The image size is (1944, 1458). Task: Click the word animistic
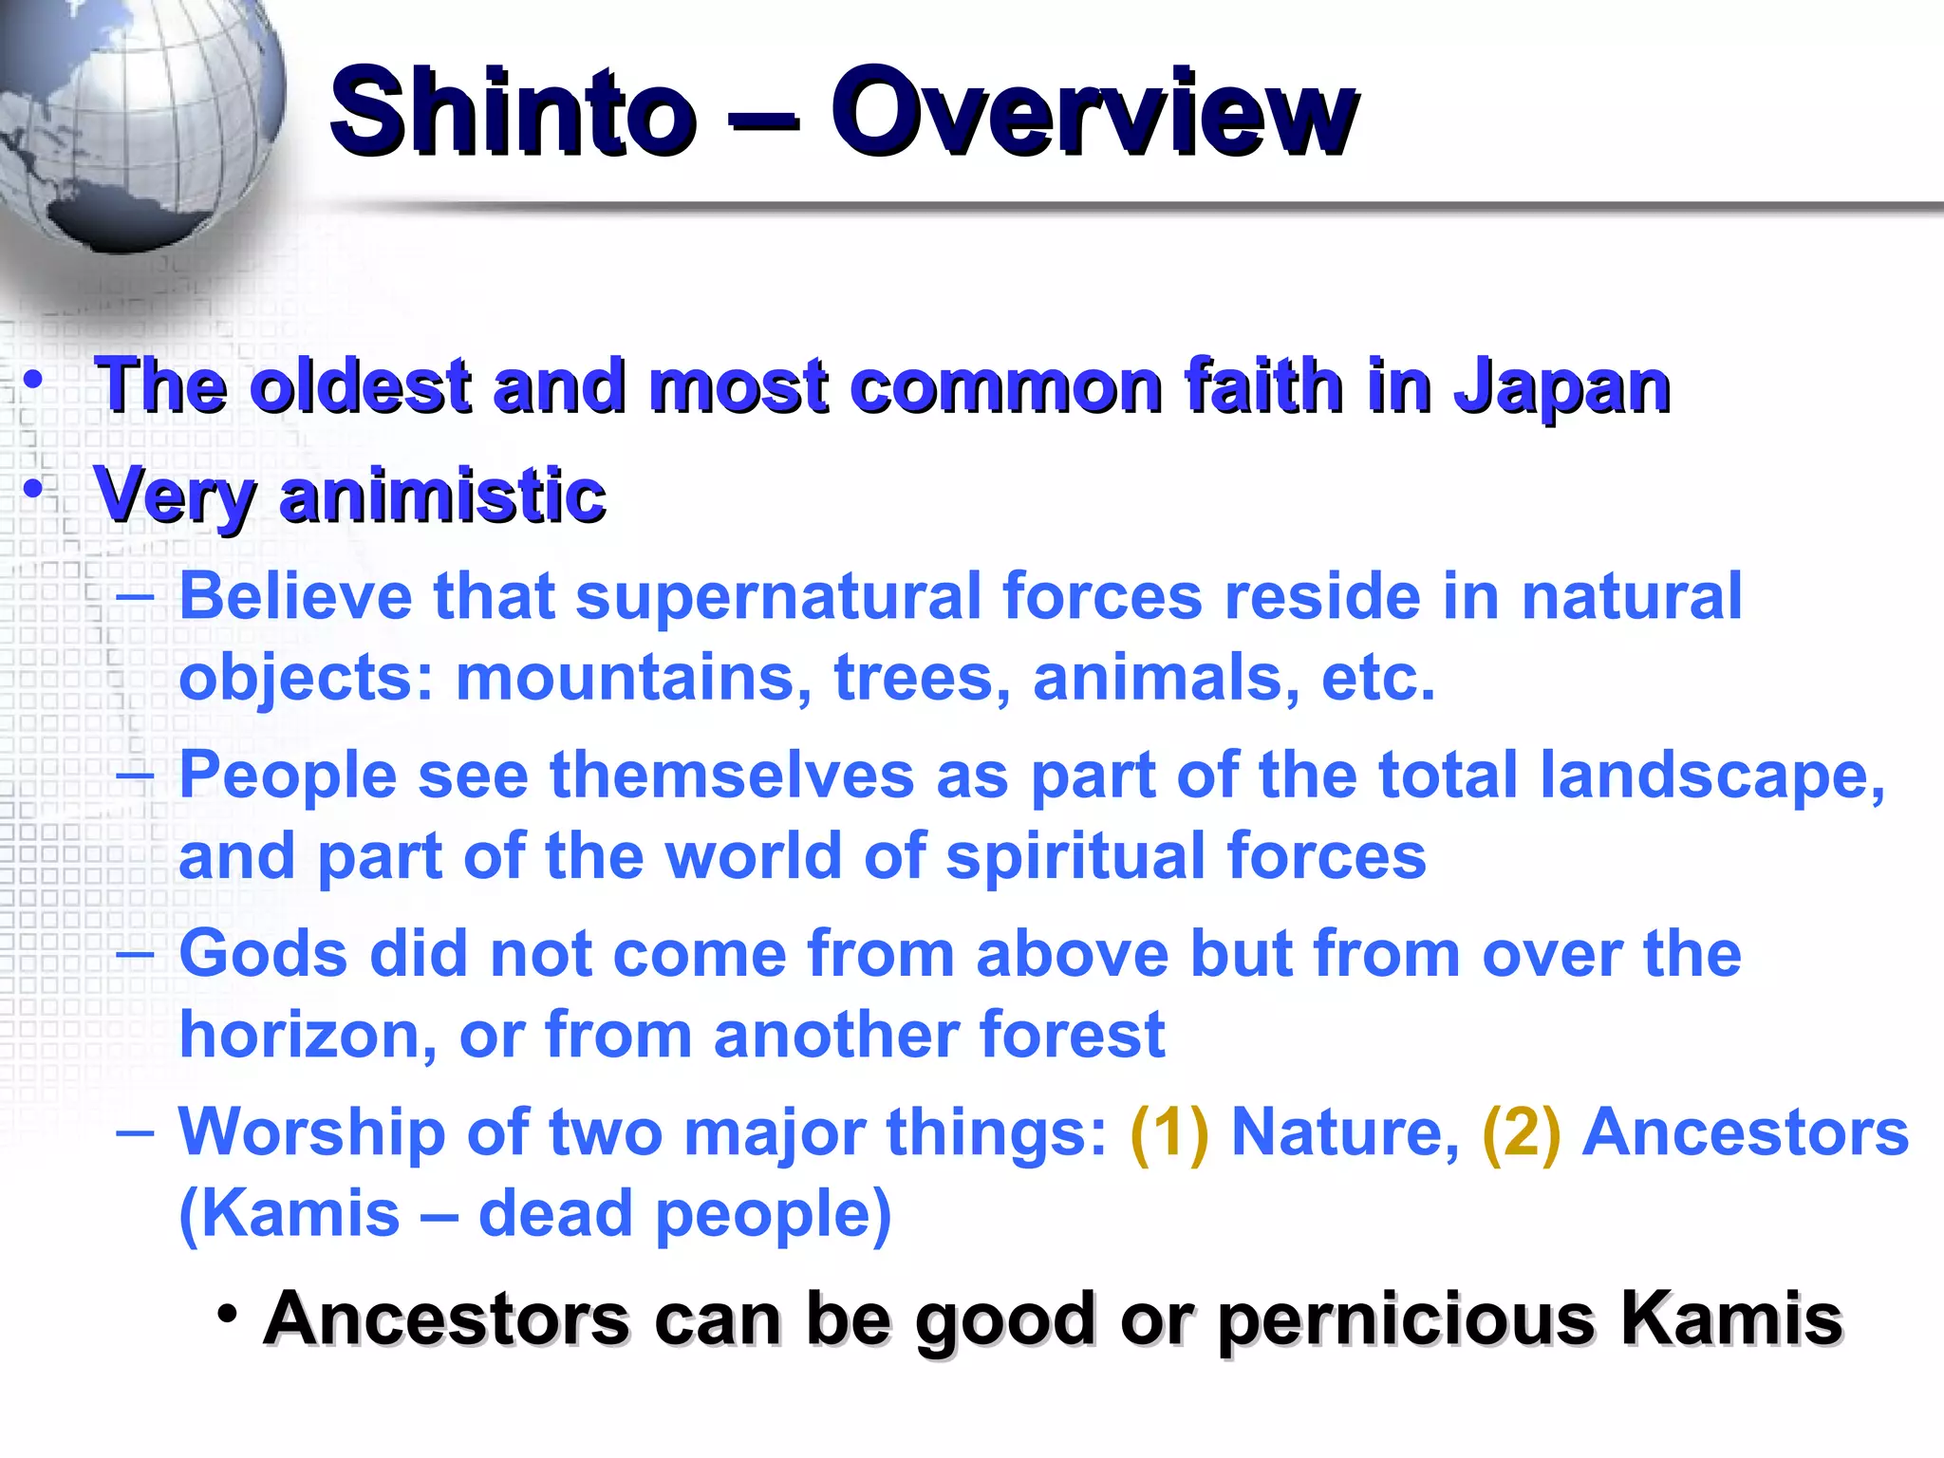coord(443,495)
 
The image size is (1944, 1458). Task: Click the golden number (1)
coord(1169,1132)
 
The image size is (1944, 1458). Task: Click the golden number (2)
coord(1521,1132)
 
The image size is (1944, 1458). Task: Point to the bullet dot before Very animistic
coord(34,490)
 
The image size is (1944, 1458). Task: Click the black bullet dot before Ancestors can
coord(227,1315)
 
